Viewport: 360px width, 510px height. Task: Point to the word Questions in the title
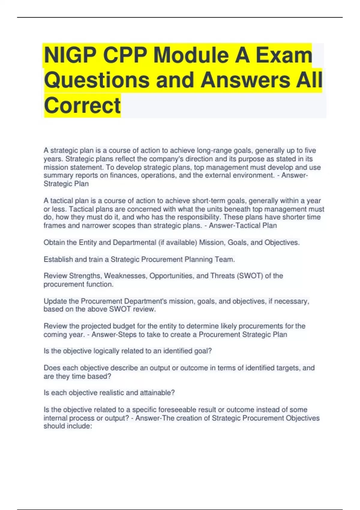(x=97, y=80)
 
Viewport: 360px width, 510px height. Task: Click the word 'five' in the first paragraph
(x=310, y=150)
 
